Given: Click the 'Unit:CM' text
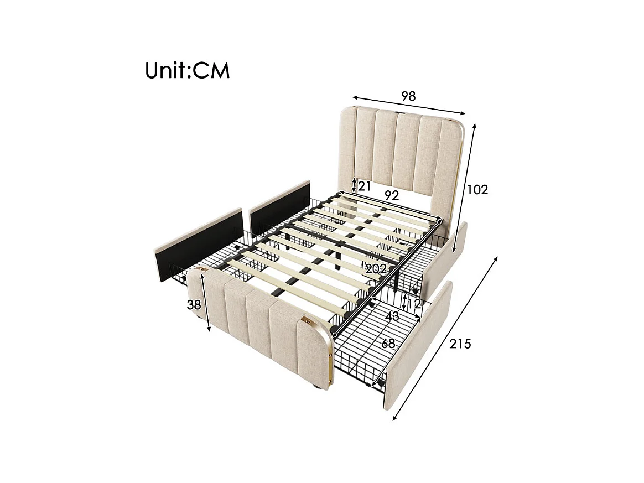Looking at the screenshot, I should (187, 70).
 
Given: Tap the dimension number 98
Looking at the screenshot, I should (408, 96).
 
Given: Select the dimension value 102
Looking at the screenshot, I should (477, 190).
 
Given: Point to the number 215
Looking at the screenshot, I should (460, 344).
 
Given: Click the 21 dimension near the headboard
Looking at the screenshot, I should (364, 186).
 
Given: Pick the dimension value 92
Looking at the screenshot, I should (392, 195).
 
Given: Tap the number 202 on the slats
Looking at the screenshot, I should (376, 269).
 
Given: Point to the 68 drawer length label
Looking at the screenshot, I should (388, 344).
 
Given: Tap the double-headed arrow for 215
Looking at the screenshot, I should (445, 339).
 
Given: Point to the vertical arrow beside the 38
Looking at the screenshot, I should (206, 302).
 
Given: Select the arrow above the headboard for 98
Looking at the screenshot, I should (408, 105).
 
